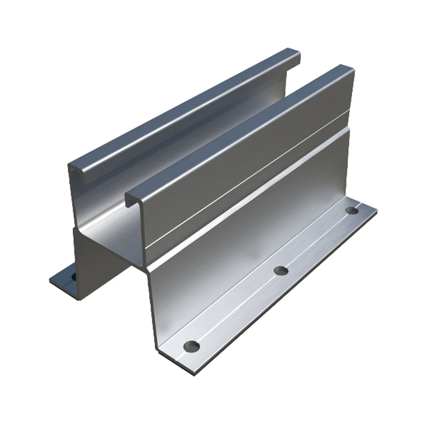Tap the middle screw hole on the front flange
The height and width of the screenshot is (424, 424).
[x=281, y=270]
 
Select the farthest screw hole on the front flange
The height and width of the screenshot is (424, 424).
[x=351, y=210]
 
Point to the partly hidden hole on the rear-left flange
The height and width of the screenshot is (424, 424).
[x=73, y=276]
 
